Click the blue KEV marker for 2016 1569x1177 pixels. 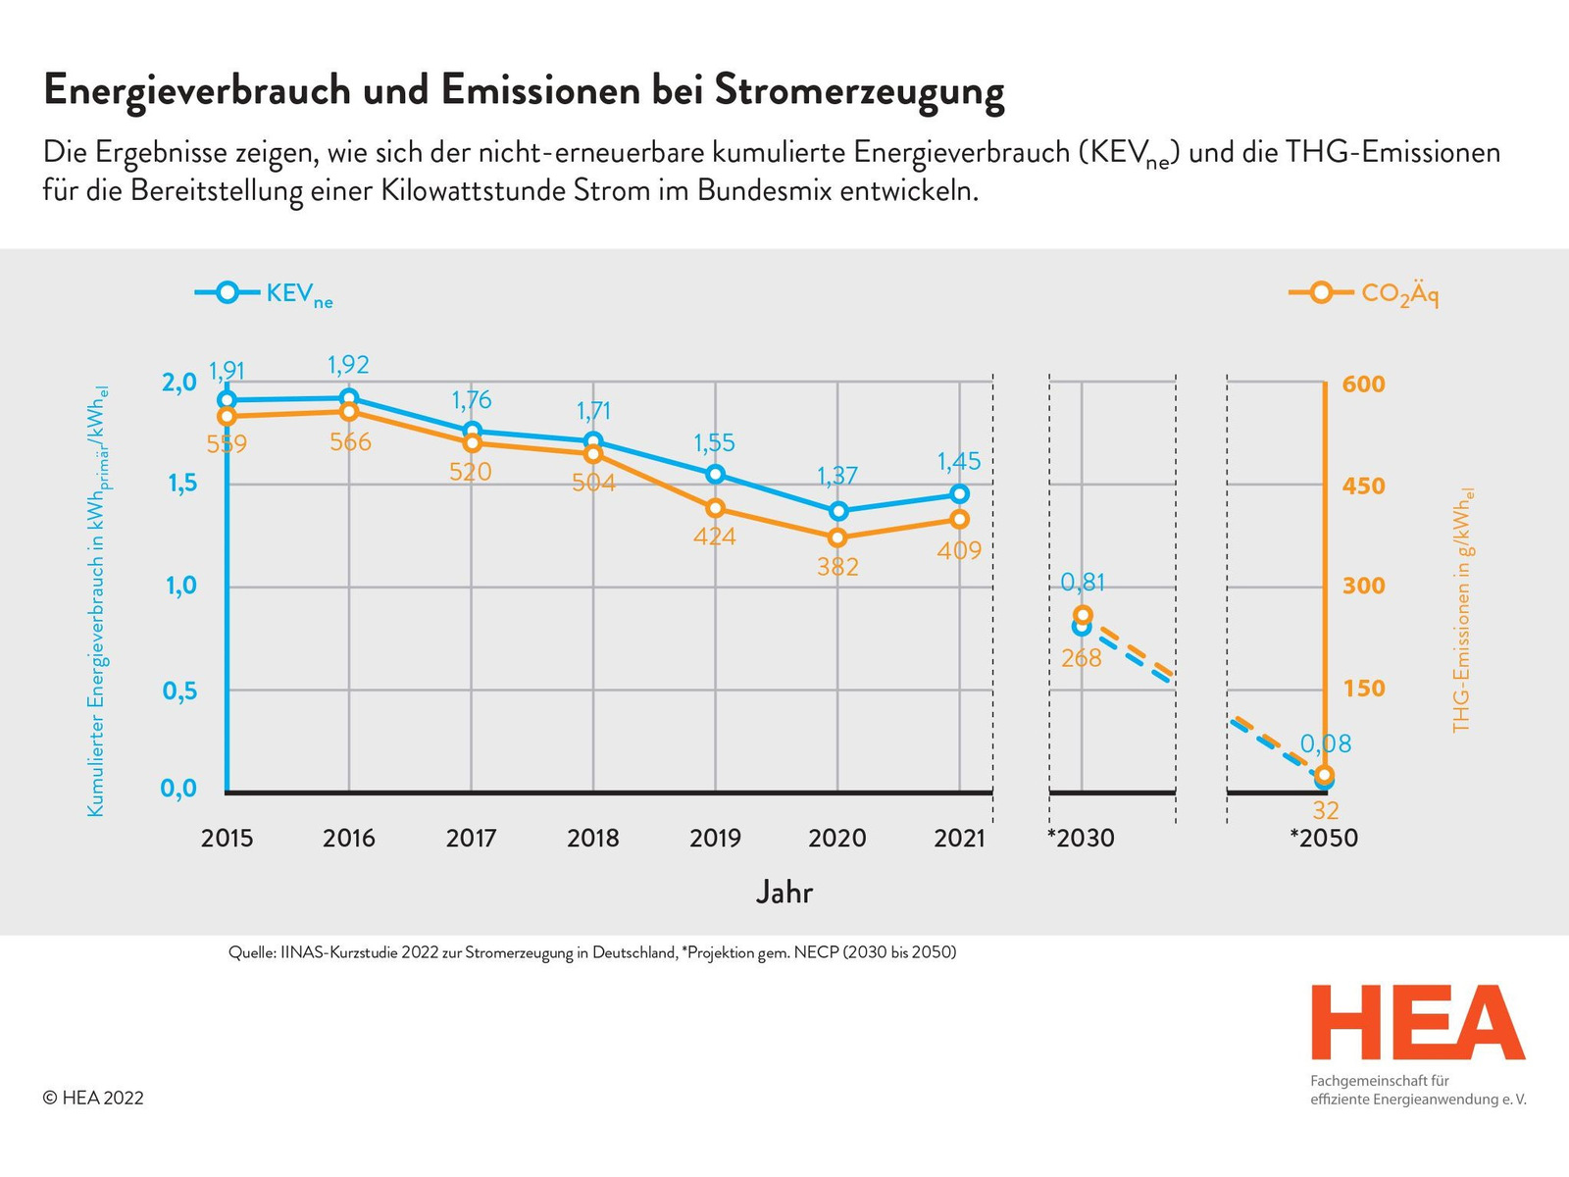349,398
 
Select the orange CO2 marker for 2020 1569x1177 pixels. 837,537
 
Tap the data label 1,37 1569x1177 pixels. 837,476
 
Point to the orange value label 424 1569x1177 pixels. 714,537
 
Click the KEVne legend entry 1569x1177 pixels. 265,293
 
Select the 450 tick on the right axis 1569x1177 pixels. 1363,486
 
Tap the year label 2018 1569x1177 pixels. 593,838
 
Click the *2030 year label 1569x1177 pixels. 1081,838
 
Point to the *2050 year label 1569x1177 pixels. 1323,838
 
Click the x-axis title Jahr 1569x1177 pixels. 784,892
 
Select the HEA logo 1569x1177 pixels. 1418,1024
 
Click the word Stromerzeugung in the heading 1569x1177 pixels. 859,90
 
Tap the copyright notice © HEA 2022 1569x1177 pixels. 93,1098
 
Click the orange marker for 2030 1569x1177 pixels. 1083,615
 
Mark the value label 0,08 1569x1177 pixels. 1326,744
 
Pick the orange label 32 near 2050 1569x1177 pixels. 1325,810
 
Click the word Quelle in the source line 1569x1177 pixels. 252,952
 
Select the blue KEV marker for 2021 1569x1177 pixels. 959,493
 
